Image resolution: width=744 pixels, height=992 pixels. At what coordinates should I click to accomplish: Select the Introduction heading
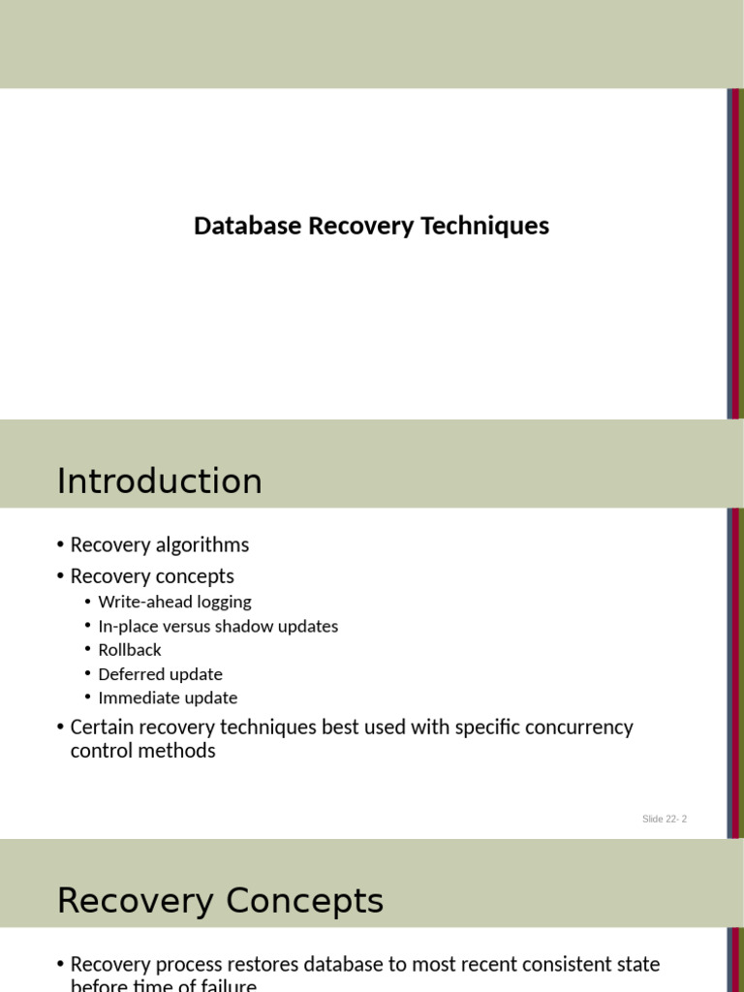159,481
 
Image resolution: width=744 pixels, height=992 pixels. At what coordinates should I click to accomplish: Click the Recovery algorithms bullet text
160,544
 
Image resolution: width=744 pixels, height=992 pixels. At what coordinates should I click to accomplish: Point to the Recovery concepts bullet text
152,576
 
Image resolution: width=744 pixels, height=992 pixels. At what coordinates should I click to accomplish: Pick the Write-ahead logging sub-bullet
174,602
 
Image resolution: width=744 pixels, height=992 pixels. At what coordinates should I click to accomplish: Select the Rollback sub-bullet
130,650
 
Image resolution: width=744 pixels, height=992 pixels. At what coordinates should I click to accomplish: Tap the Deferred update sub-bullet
160,674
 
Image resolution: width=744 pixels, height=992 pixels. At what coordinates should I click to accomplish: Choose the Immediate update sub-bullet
168,698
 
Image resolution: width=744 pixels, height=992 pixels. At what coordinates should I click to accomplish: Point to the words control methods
143,751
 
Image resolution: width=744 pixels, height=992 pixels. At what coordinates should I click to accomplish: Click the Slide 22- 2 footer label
664,820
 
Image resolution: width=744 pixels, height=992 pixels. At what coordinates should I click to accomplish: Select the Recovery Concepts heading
220,901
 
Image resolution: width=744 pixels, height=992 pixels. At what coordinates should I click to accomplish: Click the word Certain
102,727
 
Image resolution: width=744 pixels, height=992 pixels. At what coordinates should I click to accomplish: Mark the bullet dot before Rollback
87,650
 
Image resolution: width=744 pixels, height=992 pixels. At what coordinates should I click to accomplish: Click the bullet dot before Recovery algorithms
60,545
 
